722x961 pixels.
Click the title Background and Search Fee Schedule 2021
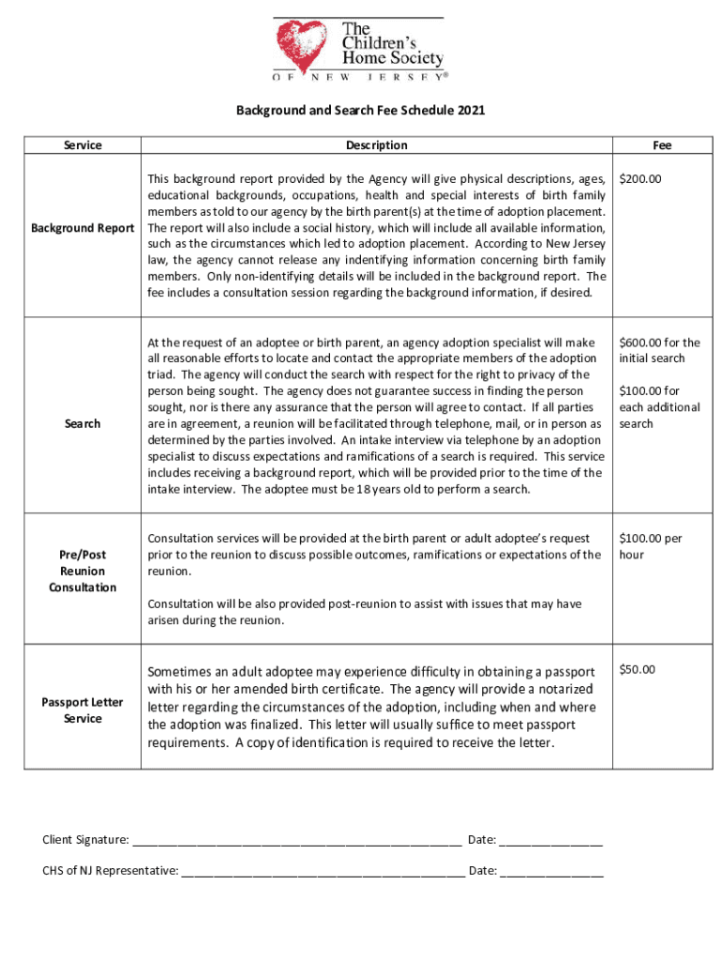360,111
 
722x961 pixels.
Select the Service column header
83,145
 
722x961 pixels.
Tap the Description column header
376,145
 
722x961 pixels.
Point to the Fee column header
662,145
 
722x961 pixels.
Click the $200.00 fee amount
640,178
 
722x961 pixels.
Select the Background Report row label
83,228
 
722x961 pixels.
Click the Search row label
83,423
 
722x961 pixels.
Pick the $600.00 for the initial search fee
658,350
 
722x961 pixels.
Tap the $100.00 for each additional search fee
658,407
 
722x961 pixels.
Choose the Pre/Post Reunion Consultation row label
83,571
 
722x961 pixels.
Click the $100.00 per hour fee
650,546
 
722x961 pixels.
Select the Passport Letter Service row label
83,710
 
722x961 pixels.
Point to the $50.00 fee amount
638,670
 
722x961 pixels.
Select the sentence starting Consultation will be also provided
365,612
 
